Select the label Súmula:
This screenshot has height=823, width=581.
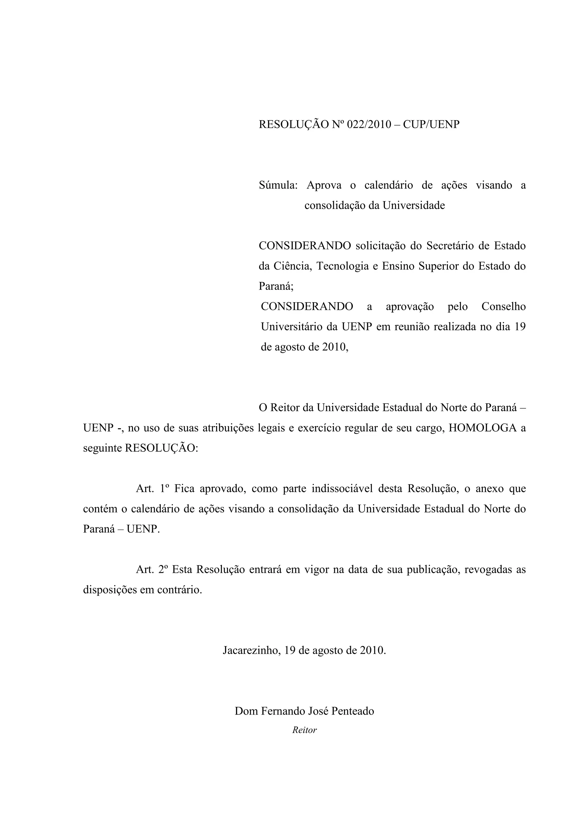[x=278, y=185]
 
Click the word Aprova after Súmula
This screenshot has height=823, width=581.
[x=324, y=185]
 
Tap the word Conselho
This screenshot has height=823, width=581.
[x=503, y=306]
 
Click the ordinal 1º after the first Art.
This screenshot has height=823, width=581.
[x=164, y=488]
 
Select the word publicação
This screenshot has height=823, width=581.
[x=432, y=570]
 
